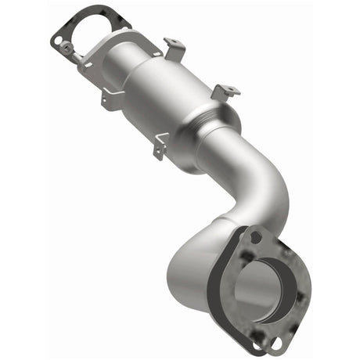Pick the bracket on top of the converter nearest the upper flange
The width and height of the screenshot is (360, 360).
(173, 48)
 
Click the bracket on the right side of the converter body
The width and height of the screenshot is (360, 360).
(225, 92)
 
